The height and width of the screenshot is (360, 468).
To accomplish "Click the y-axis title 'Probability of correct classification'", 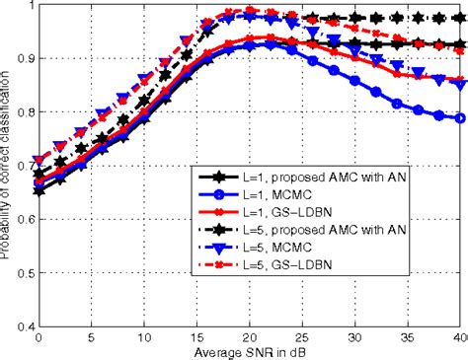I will (x=9, y=163).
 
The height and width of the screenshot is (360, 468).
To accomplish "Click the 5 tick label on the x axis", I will (x=91, y=337).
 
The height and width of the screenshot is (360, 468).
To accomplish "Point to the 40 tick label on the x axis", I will (x=460, y=337).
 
